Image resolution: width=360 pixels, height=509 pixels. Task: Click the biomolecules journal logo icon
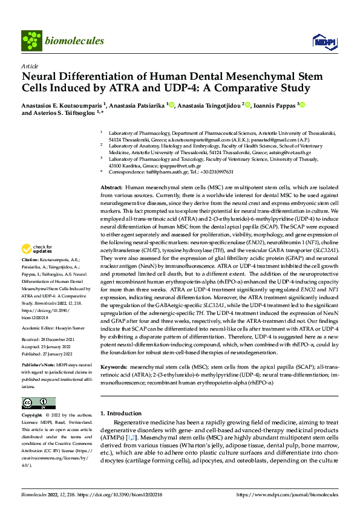coord(31,40)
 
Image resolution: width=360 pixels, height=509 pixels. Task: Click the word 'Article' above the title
coord(29,65)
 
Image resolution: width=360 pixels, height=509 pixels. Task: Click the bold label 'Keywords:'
coord(114,349)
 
